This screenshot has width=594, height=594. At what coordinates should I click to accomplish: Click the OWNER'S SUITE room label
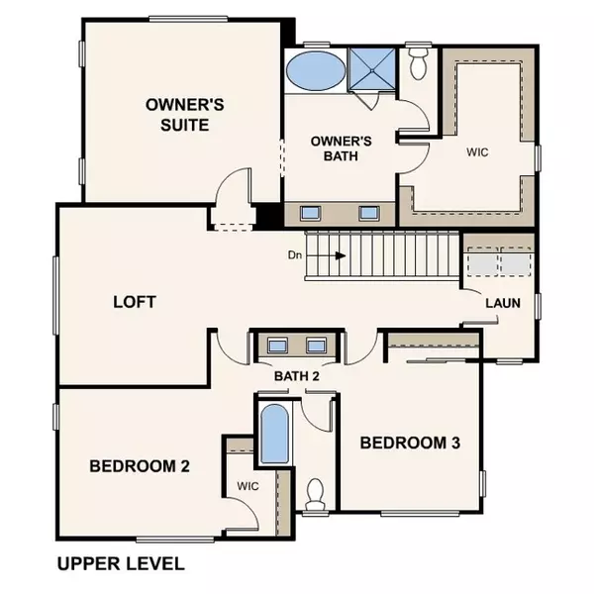177,114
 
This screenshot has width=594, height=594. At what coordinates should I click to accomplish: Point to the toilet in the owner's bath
418,64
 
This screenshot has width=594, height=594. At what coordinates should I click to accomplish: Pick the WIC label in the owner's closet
479,153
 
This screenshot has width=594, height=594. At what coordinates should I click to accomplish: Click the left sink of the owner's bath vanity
310,212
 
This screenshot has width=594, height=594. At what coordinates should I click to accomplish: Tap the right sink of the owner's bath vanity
369,212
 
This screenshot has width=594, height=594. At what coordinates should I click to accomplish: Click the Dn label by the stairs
294,255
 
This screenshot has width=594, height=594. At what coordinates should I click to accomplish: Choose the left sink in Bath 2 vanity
278,346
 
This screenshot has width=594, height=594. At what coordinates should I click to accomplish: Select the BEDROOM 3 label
410,443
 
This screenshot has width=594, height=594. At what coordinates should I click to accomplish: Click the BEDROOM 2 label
140,465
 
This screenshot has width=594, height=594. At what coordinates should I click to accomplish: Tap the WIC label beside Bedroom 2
247,486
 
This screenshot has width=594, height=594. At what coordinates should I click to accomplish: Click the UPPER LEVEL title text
121,564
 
